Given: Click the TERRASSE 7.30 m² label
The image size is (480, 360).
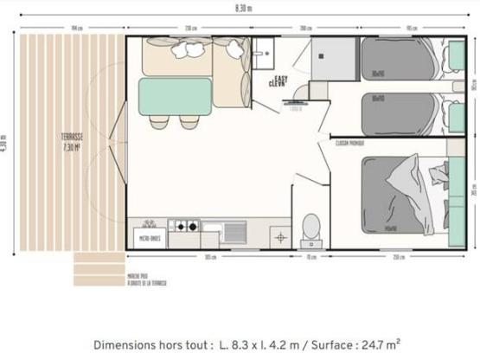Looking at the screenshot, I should pos(71,141).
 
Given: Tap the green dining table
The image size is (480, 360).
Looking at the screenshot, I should pos(176,96).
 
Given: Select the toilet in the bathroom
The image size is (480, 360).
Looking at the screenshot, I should pos(309,224).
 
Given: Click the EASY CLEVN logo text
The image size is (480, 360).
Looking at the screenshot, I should pos(278,81).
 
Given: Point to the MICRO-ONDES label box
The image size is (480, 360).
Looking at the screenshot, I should pos(150,236).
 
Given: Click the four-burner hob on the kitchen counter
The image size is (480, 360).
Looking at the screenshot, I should pos(183,228).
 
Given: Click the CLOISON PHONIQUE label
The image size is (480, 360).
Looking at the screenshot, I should pos(349,143).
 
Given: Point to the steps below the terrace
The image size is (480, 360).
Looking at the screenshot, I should pos(98,267).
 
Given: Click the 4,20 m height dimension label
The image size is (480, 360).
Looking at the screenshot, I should pos(5,142).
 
